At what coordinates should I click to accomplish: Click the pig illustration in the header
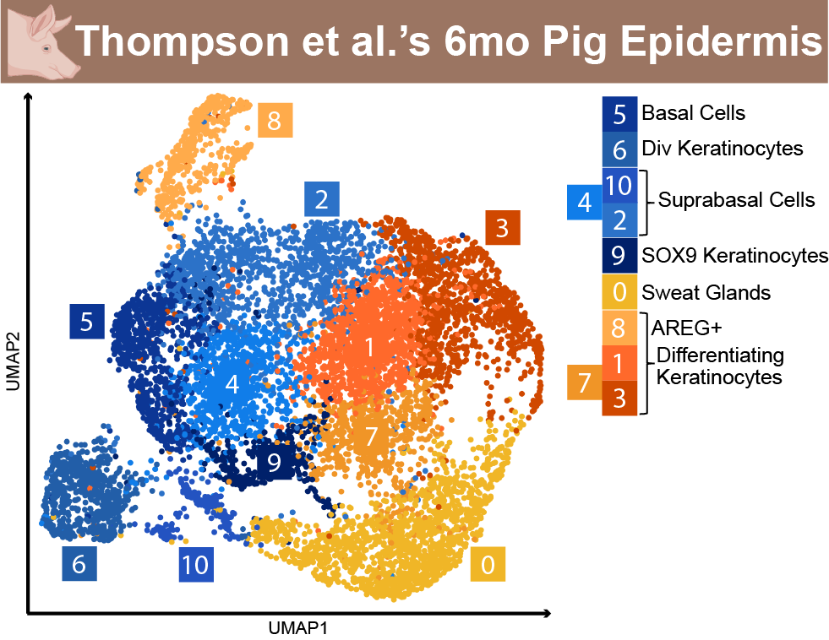[x=43, y=42]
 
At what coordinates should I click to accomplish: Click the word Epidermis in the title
[x=721, y=41]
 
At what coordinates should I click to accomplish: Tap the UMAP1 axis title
[x=298, y=628]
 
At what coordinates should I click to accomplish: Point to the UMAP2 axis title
[x=13, y=361]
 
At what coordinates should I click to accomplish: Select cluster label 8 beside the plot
[x=275, y=121]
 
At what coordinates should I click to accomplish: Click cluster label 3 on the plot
[x=502, y=228]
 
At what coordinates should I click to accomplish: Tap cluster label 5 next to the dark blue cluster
[x=87, y=321]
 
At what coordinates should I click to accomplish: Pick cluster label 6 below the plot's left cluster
[x=79, y=563]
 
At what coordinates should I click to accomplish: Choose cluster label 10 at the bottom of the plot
[x=196, y=565]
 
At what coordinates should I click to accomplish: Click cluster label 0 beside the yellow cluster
[x=488, y=564]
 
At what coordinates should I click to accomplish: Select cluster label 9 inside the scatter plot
[x=275, y=462]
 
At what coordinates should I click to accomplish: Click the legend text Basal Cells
[x=693, y=113]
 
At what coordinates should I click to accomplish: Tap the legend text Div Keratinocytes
[x=723, y=149]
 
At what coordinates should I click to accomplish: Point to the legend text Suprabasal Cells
[x=736, y=200]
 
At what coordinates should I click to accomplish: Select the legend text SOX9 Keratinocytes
[x=734, y=256]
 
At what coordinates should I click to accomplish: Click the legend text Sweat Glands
[x=706, y=292]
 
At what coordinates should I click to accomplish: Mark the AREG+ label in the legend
[x=686, y=328]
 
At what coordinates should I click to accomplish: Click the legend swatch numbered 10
[x=619, y=186]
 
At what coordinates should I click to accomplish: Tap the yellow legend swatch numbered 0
[x=619, y=291]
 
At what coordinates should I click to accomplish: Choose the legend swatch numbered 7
[x=585, y=382]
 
